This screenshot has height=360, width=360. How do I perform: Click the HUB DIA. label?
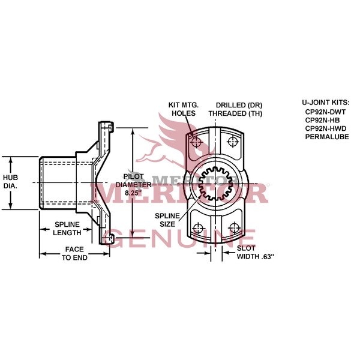coord(11,182)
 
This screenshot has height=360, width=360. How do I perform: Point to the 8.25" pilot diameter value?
coord(133,194)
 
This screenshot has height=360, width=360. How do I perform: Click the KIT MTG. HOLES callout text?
coord(182,108)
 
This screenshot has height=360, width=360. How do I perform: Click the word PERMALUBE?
coord(326,136)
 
